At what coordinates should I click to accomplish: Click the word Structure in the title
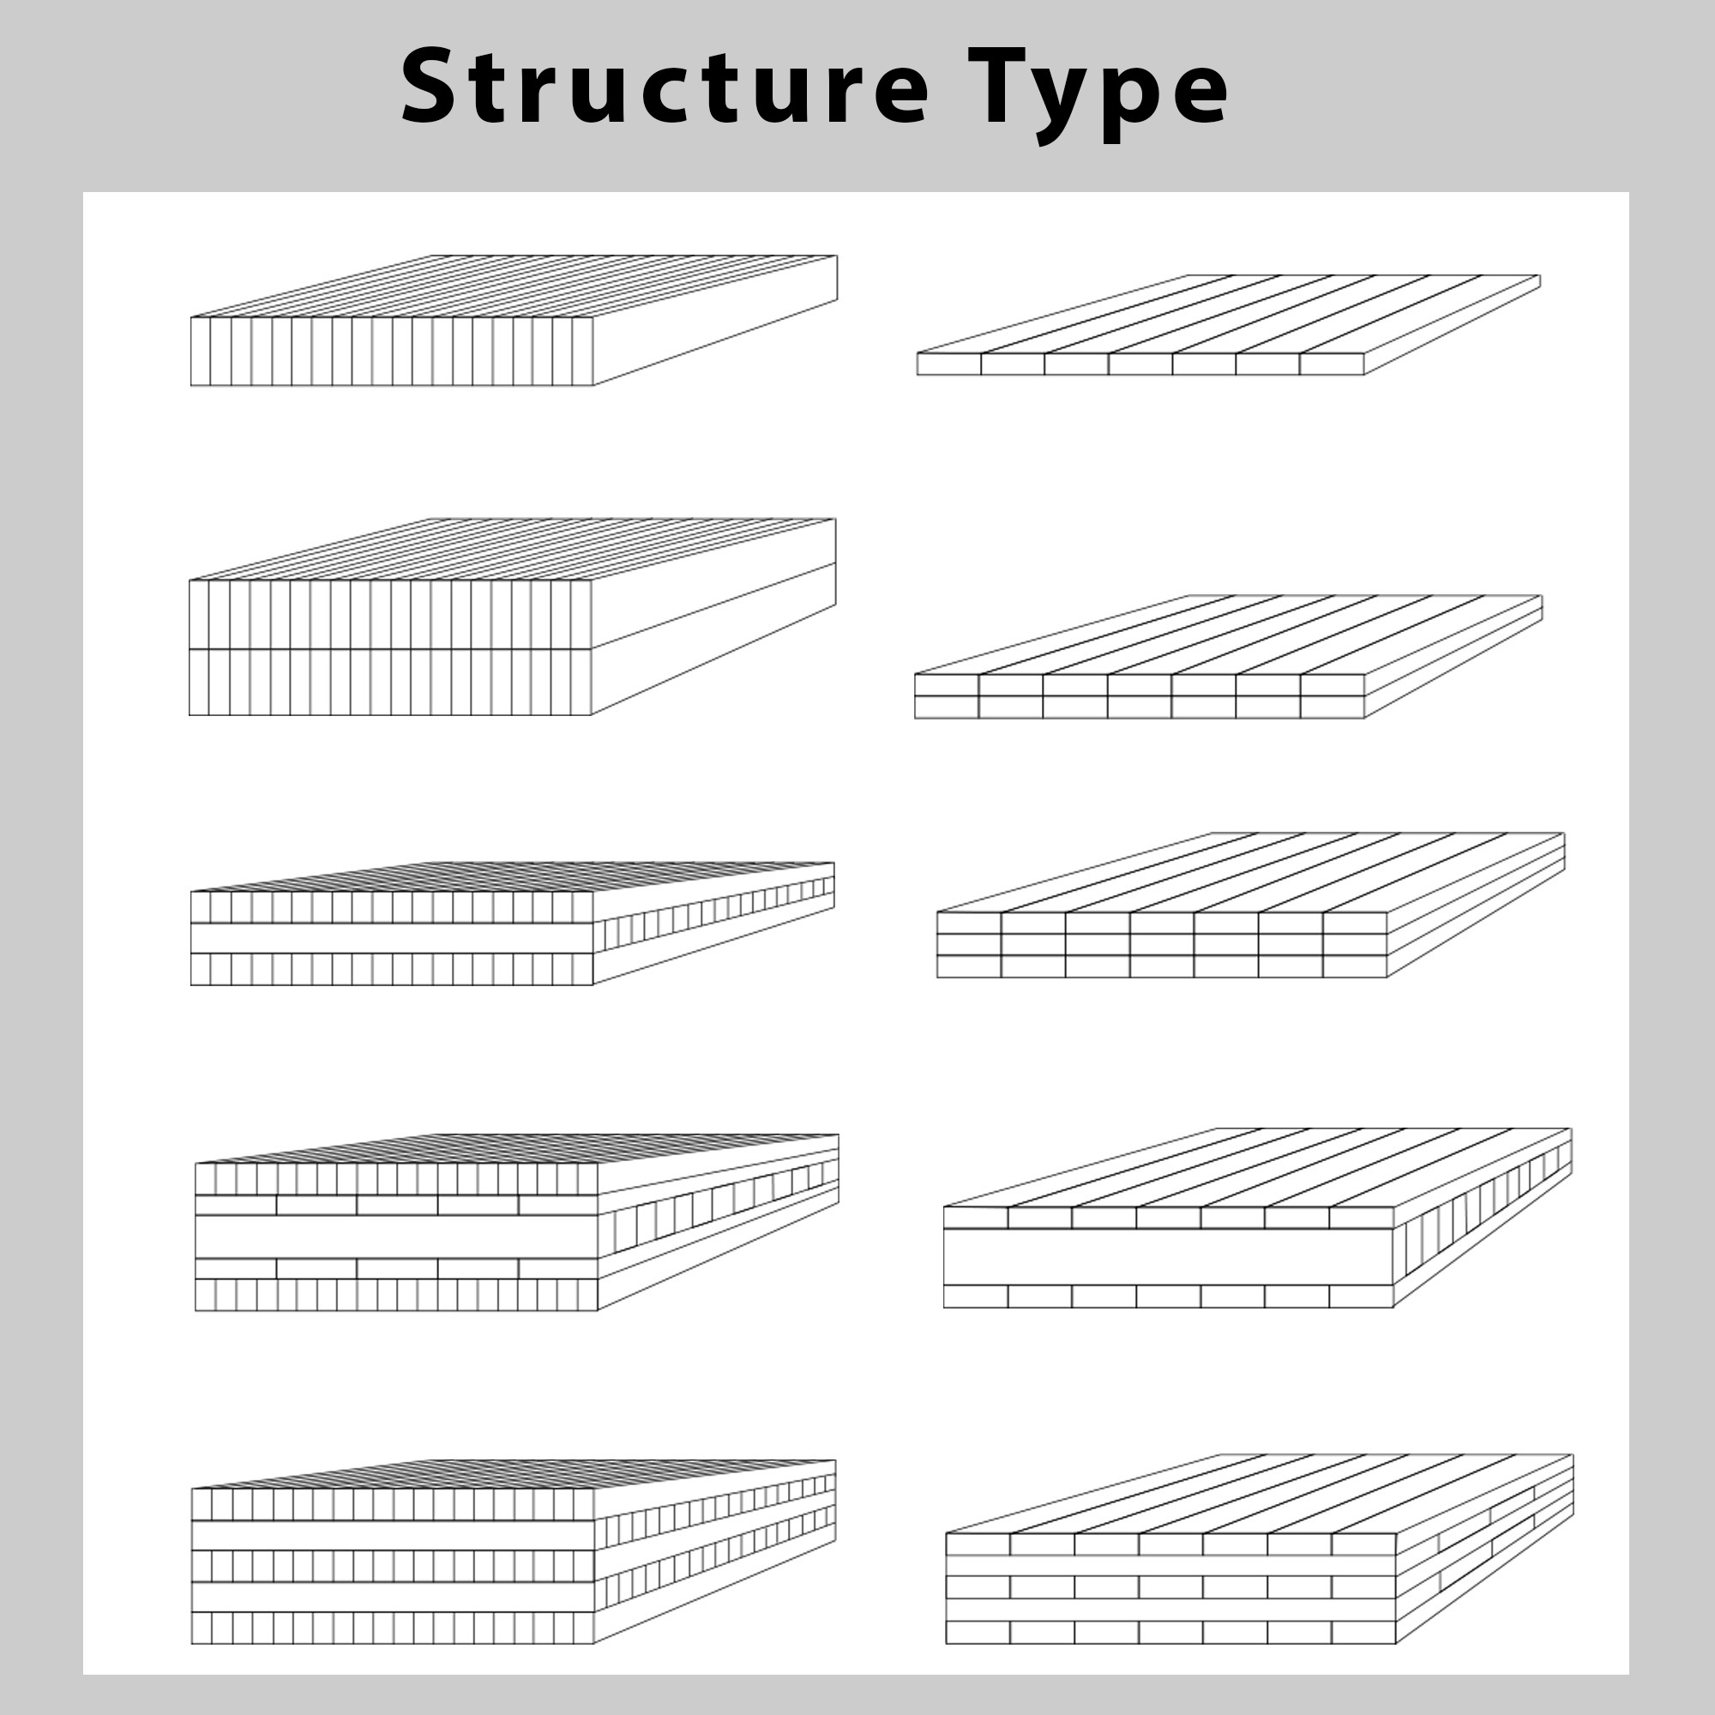(x=665, y=87)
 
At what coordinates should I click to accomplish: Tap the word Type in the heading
(x=1098, y=94)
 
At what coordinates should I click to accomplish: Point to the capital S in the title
(x=432, y=86)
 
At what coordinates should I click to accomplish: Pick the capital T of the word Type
(x=998, y=86)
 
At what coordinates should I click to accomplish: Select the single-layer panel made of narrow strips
(x=513, y=321)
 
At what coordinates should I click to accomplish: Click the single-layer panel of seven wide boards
(x=1229, y=325)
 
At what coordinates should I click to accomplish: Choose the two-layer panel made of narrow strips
(x=512, y=617)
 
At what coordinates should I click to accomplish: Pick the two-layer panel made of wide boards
(x=1229, y=657)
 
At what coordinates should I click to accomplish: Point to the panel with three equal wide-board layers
(x=1251, y=906)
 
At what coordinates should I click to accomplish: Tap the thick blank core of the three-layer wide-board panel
(x=1168, y=1257)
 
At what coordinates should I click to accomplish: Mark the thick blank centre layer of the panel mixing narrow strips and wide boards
(x=396, y=1237)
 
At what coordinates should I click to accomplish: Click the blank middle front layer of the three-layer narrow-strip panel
(x=392, y=938)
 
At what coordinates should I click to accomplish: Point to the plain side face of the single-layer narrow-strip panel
(x=715, y=320)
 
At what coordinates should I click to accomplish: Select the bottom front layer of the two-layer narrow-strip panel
(x=389, y=682)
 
